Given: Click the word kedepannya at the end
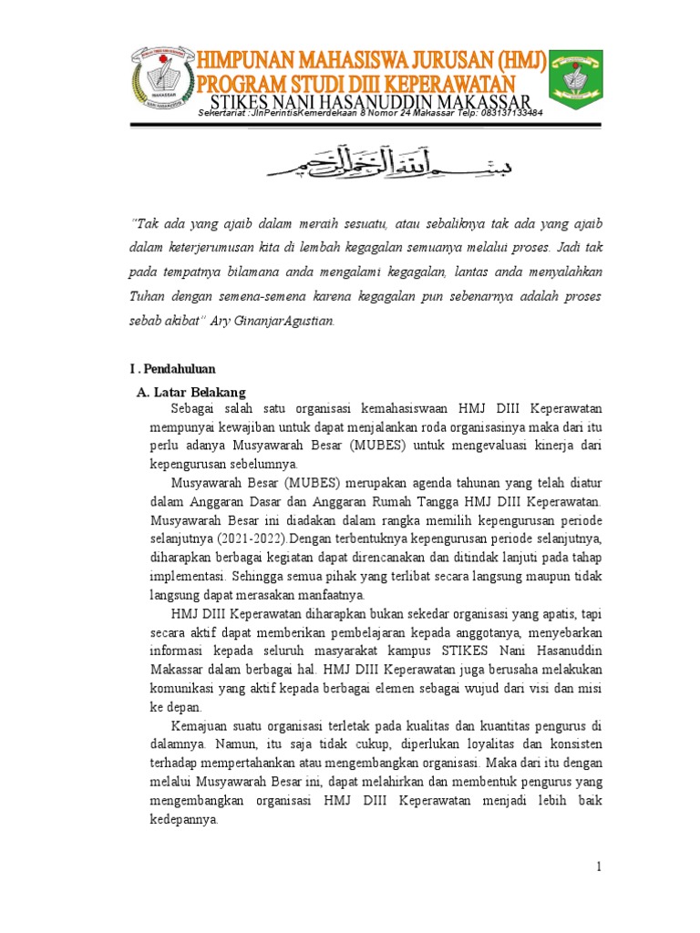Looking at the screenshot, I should coord(184,818).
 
